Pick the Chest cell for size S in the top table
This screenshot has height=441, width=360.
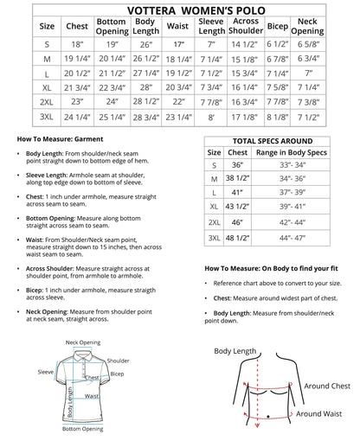click(77, 43)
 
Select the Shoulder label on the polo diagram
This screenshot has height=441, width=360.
click(119, 361)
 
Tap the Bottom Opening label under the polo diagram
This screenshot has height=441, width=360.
click(83, 429)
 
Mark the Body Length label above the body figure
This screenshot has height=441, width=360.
click(235, 352)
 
